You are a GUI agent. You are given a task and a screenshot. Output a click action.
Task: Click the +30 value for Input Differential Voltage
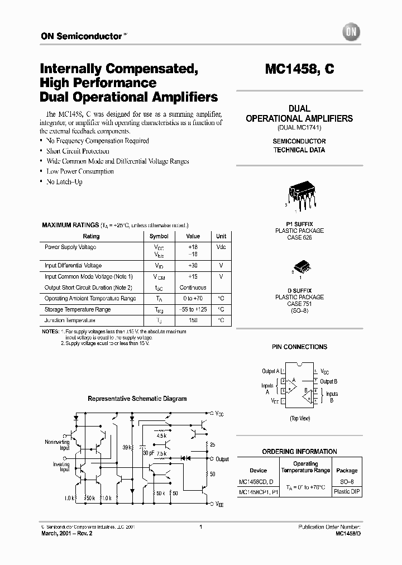[193, 266]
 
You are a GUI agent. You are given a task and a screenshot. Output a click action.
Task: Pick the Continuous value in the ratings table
[193, 288]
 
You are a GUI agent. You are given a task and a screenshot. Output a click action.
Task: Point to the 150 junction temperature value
[193, 320]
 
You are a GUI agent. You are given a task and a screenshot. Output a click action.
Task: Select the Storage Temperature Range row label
[78, 309]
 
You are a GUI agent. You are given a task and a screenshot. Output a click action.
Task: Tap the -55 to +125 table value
[193, 309]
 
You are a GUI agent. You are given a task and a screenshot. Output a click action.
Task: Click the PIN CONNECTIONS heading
[299, 347]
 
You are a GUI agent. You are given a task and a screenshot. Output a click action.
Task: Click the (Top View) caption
[300, 418]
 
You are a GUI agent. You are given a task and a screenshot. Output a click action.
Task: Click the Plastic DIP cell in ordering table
[347, 492]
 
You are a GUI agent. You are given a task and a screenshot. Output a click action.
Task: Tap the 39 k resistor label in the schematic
[126, 447]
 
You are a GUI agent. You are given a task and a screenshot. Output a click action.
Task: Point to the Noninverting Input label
[57, 444]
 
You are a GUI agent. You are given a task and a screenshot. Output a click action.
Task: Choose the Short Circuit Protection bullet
[78, 151]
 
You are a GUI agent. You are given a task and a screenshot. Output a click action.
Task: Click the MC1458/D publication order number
[348, 534]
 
